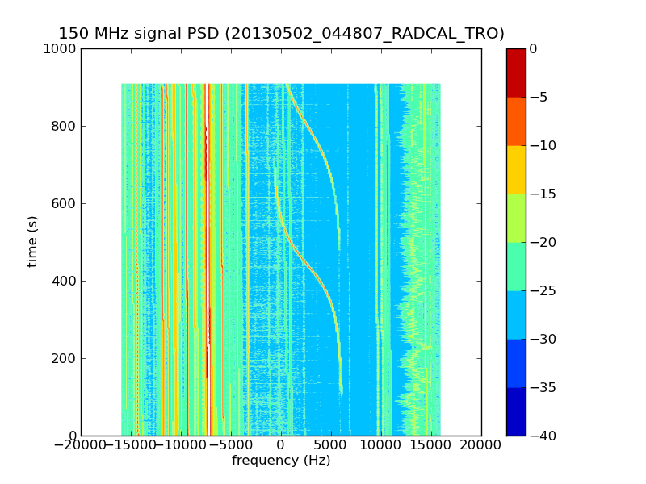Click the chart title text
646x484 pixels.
tap(281, 34)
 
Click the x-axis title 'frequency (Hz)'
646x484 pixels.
tap(281, 461)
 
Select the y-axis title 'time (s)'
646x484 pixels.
tap(33, 242)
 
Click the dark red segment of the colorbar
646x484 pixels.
tap(516, 73)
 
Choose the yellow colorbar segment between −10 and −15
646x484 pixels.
tap(516, 169)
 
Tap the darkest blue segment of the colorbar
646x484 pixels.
tap(516, 411)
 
